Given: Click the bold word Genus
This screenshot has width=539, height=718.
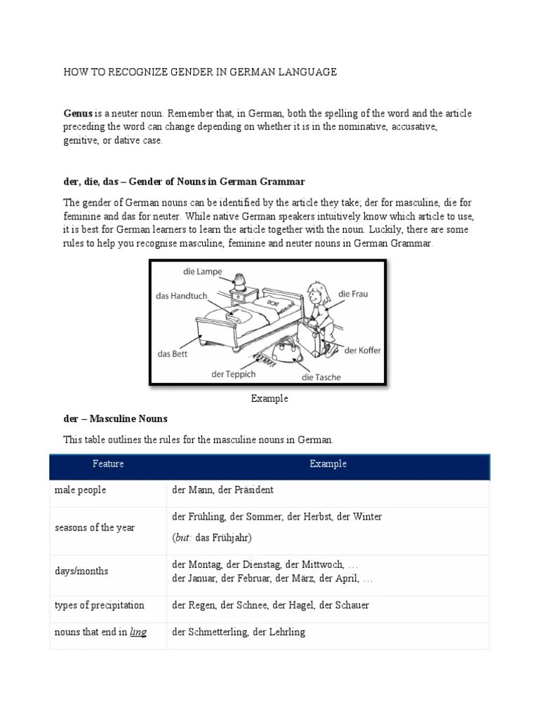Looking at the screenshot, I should (x=78, y=114).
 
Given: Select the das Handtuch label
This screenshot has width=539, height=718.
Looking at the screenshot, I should (x=182, y=296).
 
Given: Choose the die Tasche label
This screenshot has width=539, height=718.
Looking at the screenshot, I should (x=321, y=377).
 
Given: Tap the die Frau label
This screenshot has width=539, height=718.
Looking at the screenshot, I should (x=352, y=294).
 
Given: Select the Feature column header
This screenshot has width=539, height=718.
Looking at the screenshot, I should (x=107, y=464).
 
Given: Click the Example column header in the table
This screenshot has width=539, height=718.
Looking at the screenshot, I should (x=328, y=464).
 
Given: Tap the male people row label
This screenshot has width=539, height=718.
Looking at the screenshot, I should (x=80, y=490).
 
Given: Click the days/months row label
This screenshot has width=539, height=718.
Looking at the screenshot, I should (x=81, y=571).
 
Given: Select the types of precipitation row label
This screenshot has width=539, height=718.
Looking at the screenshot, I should (x=99, y=605).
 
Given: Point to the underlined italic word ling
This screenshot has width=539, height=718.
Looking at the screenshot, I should (x=138, y=632).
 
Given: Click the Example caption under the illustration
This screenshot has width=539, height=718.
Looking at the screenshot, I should (x=269, y=399).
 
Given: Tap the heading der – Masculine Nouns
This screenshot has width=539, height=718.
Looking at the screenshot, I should (x=116, y=419).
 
